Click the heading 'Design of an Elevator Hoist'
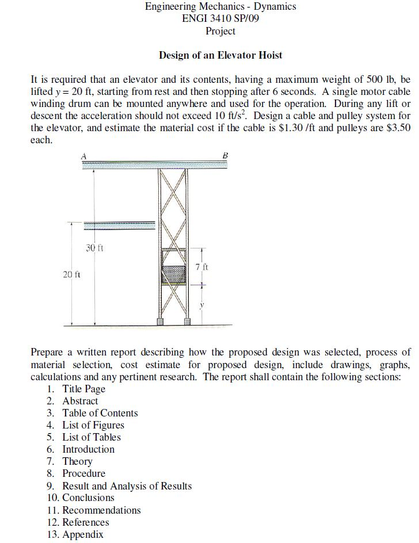[220, 55]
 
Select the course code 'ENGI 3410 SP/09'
[220, 18]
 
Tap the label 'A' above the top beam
[83, 155]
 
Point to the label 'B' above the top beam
[225, 155]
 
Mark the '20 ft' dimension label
[71, 275]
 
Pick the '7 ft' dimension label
[202, 267]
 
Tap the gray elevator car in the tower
[174, 273]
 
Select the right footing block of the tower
[186, 321]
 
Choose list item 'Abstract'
[80, 401]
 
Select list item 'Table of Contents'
[100, 413]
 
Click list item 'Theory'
[77, 461]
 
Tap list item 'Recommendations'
[101, 510]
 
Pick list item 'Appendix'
[83, 534]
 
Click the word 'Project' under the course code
[220, 30]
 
